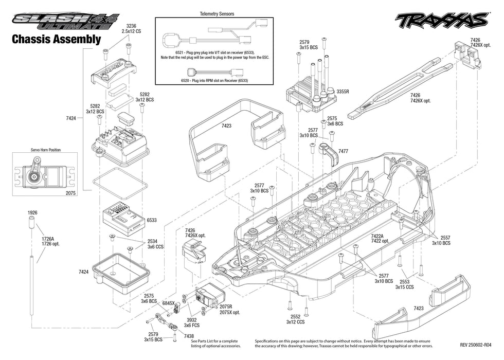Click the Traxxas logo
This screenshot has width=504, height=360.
(x=441, y=20)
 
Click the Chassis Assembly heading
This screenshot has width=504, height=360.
(x=56, y=39)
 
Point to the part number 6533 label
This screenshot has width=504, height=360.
(x=152, y=220)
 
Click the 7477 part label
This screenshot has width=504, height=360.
(x=344, y=151)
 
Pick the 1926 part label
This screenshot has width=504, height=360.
(x=32, y=212)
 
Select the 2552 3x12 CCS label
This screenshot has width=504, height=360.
(x=295, y=319)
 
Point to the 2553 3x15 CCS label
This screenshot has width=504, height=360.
(x=404, y=284)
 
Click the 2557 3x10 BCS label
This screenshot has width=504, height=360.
(x=441, y=241)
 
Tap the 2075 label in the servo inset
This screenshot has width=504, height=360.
(x=70, y=193)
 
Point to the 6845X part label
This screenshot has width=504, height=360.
(x=169, y=303)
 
